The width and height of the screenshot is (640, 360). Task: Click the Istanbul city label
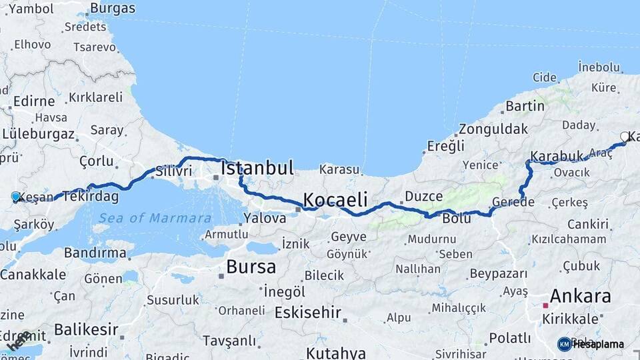tap(257, 167)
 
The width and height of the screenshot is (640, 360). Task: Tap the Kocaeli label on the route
tap(335, 199)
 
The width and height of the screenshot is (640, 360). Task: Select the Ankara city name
tap(580, 296)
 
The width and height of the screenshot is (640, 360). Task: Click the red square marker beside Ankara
tap(545, 305)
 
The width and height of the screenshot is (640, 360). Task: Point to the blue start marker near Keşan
tap(16, 197)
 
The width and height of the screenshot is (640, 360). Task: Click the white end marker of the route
tap(625, 137)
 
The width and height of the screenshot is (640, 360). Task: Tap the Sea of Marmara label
tap(155, 218)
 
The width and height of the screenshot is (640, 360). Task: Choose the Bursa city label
tap(251, 267)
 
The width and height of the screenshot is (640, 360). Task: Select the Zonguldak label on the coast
tap(493, 129)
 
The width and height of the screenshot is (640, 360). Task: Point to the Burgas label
tap(112, 9)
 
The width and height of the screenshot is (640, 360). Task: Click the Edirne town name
tap(33, 101)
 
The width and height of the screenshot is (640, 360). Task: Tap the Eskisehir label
tap(308, 312)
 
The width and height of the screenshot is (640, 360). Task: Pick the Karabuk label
tap(557, 157)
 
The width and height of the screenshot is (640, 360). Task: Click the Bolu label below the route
tap(457, 219)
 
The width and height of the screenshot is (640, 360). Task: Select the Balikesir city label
tap(86, 329)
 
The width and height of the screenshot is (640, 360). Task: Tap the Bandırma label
tap(95, 253)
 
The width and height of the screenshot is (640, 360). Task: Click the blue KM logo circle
tap(565, 344)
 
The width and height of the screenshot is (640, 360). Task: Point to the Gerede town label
tap(513, 202)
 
